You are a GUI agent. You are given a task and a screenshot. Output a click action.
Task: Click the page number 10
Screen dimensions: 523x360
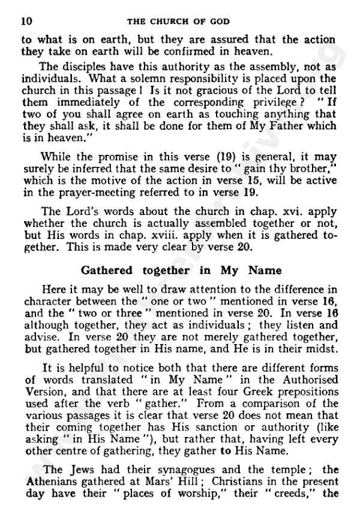26,22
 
